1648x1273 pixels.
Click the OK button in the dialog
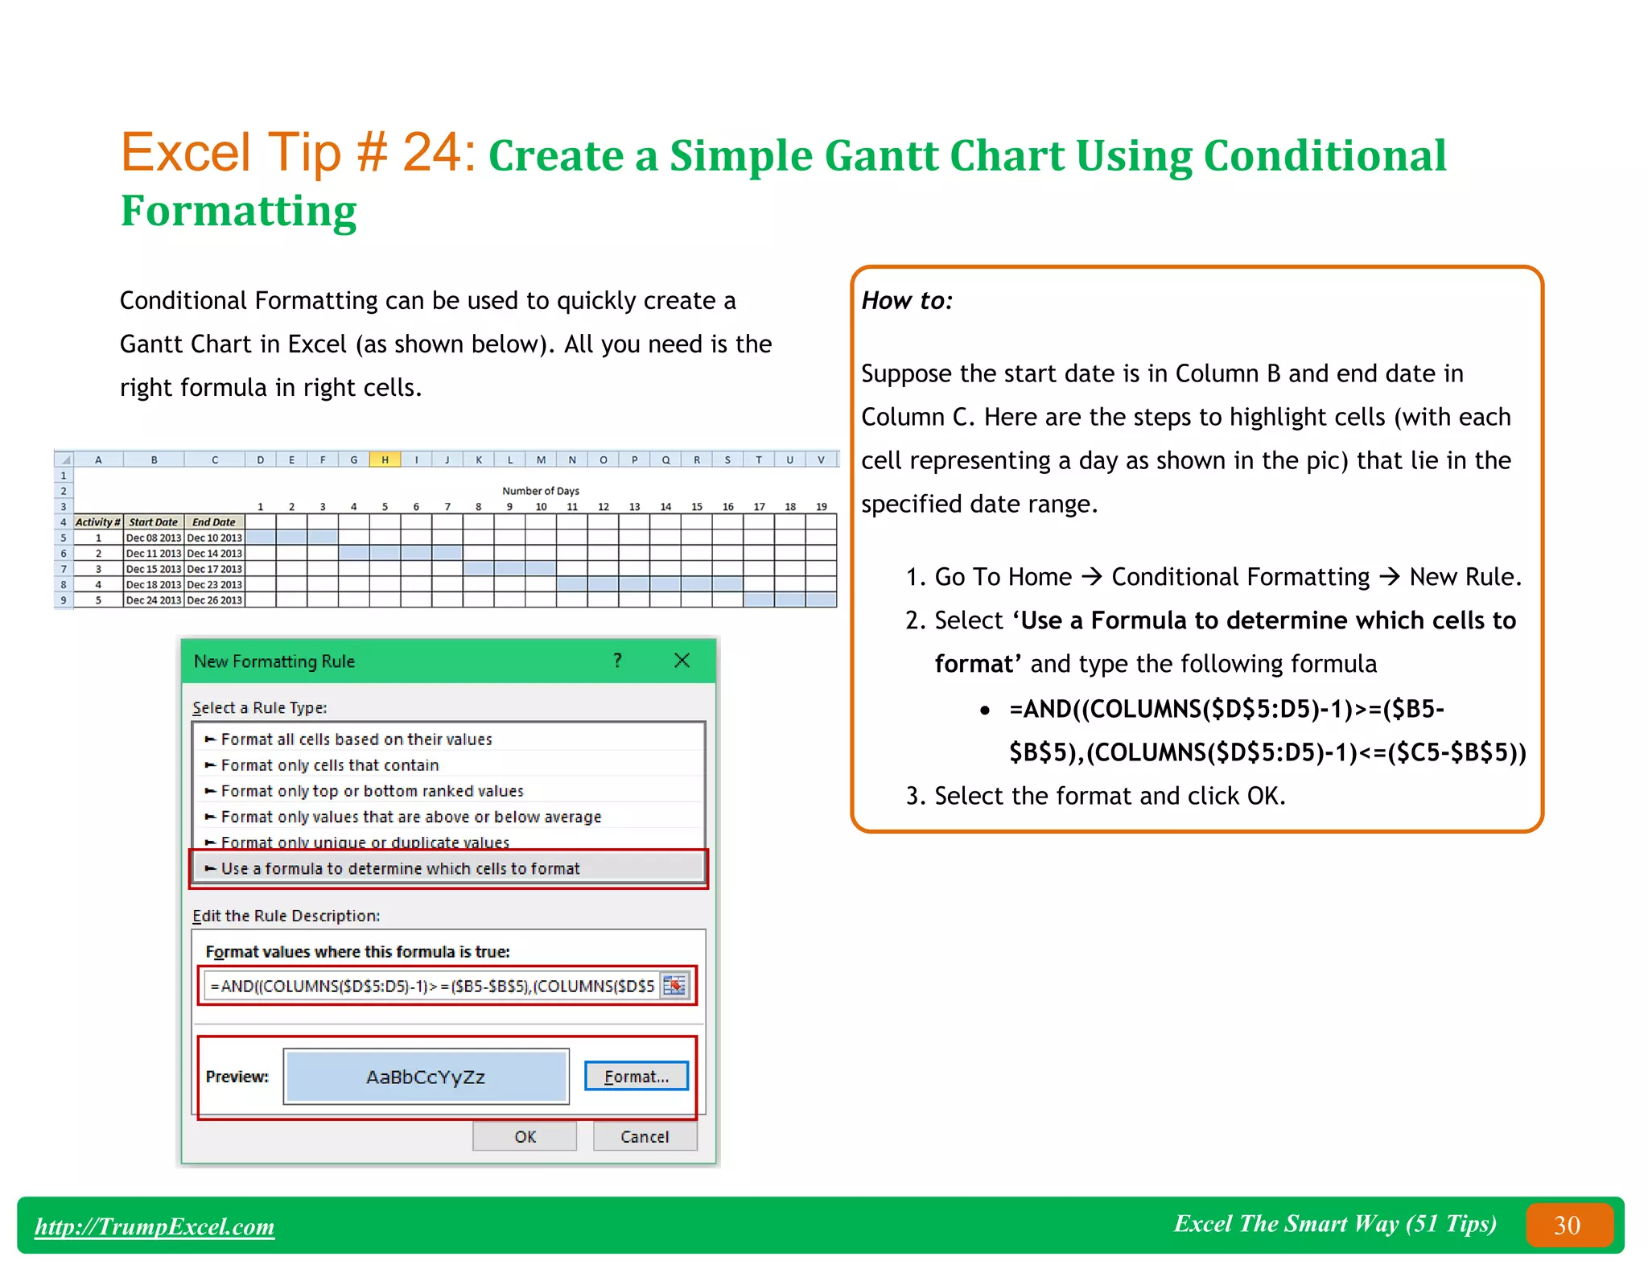tap(524, 1136)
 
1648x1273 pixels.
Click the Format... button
tap(636, 1077)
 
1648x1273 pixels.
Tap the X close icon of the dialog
tap(682, 661)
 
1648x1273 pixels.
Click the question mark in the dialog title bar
tap(617, 661)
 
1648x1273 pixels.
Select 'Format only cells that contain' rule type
tap(330, 765)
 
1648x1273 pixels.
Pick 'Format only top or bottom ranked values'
tap(372, 791)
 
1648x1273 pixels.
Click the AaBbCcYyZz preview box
tap(426, 1077)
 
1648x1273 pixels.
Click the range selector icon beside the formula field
tap(674, 986)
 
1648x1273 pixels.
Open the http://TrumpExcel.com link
tap(154, 1226)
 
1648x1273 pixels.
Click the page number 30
tap(1567, 1226)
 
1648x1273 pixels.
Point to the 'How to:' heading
tap(907, 301)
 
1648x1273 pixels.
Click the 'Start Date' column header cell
tap(153, 522)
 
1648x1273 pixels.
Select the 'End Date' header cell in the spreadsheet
tap(214, 522)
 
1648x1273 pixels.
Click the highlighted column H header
tap(385, 459)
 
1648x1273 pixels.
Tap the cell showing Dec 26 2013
tap(214, 600)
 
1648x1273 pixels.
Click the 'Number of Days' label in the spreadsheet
tap(540, 491)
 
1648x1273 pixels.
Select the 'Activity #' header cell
tap(97, 522)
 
